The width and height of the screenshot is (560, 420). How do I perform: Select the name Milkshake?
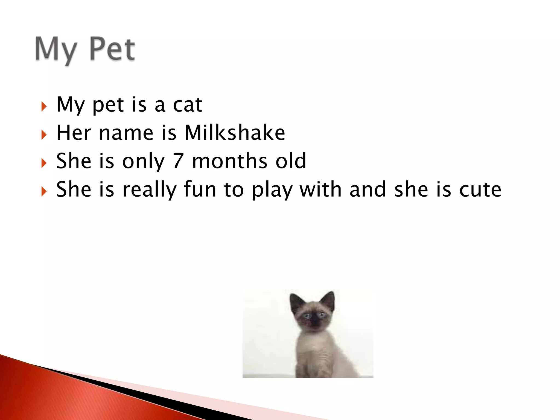point(235,133)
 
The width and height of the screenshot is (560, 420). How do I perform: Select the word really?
point(149,190)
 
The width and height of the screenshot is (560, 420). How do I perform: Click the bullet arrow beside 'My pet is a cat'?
point(44,106)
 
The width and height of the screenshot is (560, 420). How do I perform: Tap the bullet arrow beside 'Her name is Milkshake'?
point(44,135)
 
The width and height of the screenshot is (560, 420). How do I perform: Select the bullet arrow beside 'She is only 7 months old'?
point(44,163)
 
